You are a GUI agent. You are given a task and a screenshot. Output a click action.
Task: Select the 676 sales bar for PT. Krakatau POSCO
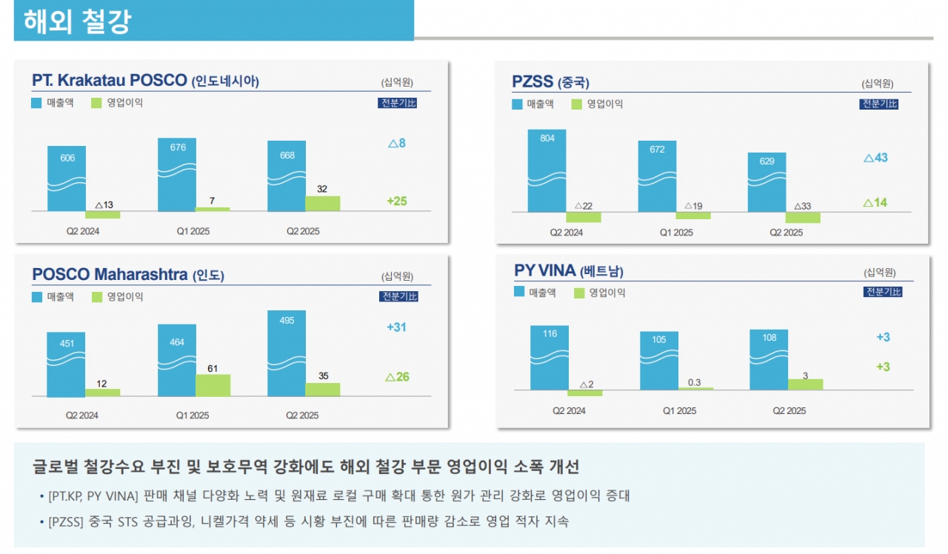point(177,175)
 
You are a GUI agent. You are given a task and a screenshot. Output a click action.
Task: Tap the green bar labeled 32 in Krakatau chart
point(323,203)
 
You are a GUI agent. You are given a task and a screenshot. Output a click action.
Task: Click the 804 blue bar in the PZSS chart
point(547,171)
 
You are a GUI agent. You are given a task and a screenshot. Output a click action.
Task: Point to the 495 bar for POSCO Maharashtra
point(287,354)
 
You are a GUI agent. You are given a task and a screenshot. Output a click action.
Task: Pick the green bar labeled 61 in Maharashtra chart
point(213,385)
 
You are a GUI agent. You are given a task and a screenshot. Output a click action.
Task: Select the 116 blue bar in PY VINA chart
point(549,358)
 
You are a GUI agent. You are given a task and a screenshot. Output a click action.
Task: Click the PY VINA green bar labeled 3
point(805,384)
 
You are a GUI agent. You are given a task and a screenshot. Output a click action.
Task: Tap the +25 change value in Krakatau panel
point(397,201)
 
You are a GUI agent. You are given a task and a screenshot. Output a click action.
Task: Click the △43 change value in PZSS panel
point(875,158)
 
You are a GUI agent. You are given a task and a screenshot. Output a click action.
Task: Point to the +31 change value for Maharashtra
point(397,327)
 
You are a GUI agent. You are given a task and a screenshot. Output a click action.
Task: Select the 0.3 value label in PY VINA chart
point(695,382)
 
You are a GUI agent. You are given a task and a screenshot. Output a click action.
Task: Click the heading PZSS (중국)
point(550,81)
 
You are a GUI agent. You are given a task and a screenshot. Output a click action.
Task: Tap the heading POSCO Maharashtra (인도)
point(128,275)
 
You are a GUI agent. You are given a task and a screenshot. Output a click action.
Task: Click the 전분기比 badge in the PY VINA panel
point(883,292)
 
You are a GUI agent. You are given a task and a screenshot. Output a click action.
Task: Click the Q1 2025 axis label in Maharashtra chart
point(193,415)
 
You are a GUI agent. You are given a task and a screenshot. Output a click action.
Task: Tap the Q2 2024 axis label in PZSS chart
point(566,233)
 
